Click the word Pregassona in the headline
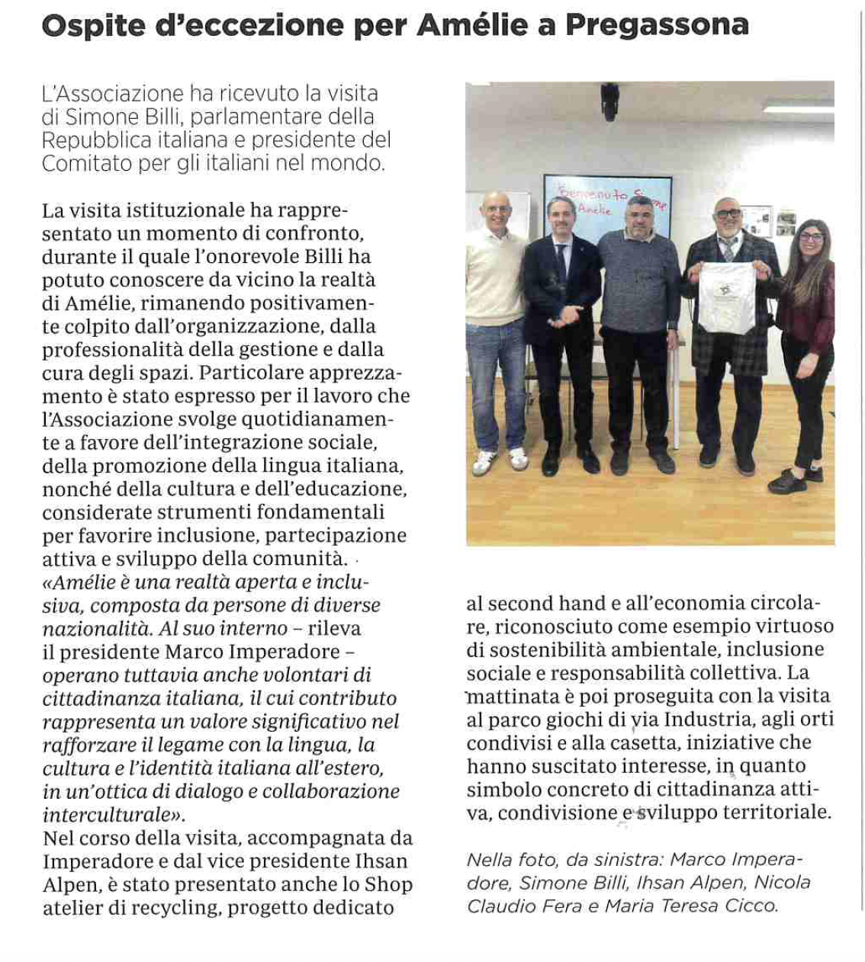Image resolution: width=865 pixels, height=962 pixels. [657, 26]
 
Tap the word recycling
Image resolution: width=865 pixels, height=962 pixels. [175, 908]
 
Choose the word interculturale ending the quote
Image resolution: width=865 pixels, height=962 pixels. [113, 814]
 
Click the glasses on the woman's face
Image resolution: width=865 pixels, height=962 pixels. [810, 237]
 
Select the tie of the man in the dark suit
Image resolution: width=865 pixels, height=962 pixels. [562, 263]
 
